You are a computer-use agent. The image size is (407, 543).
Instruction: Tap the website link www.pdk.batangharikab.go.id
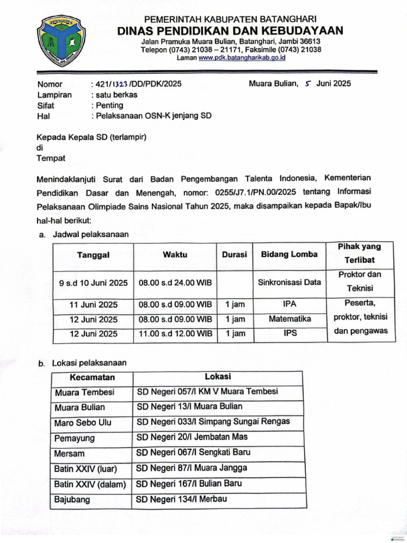pos(242,58)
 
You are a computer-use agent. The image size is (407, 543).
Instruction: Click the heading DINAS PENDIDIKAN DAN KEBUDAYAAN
pos(230,31)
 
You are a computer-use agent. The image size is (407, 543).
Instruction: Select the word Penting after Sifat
pos(109,105)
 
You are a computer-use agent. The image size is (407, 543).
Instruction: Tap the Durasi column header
pos(234,255)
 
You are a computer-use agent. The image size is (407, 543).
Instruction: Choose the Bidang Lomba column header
pos(289,255)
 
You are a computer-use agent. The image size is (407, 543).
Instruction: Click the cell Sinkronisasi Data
pos(289,283)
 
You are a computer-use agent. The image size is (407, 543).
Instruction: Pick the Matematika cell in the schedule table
pos(289,319)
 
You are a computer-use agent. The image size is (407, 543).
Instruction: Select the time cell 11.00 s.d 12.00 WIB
pos(175,334)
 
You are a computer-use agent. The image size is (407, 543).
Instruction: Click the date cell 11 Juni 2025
pos(93,305)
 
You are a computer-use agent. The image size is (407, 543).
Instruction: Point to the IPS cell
pos(289,334)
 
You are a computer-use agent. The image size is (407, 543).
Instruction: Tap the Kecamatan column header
pos(92,378)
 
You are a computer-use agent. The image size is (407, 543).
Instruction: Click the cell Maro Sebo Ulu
pos(83,423)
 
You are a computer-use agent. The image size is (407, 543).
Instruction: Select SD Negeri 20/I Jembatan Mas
pos(192,437)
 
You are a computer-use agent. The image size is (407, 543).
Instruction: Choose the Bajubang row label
pos(72,500)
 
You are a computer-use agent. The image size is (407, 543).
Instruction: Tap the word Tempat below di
pos(50,158)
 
